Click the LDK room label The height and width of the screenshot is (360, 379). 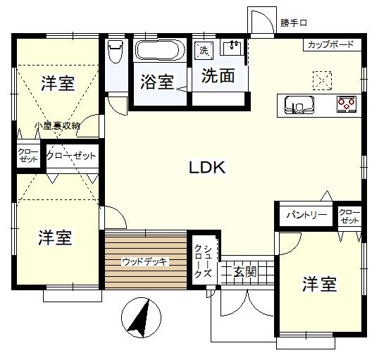tap(207, 167)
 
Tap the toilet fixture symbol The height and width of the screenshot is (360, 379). tap(116, 51)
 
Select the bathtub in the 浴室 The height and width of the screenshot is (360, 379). tap(160, 50)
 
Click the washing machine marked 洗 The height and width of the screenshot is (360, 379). tap(204, 51)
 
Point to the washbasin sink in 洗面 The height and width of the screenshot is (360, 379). tap(232, 48)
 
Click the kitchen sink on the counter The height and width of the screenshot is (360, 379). tap(299, 105)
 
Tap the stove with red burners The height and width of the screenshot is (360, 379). tap(347, 104)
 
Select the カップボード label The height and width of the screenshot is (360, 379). tap(330, 44)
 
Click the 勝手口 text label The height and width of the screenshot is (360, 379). tap(294, 23)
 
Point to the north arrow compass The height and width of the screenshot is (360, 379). tap(141, 318)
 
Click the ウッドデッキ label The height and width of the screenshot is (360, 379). tap(145, 261)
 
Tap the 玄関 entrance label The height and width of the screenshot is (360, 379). tap(244, 271)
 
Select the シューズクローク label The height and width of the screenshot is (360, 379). tap(204, 261)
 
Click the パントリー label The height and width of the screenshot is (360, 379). tap(306, 215)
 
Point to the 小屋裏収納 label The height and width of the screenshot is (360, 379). tap(57, 125)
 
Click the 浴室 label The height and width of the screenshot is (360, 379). tap(157, 82)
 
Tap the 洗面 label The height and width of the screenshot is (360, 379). tap(218, 75)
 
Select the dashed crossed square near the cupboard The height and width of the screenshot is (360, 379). tap(322, 80)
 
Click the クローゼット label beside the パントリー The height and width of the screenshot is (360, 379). tap(349, 216)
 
